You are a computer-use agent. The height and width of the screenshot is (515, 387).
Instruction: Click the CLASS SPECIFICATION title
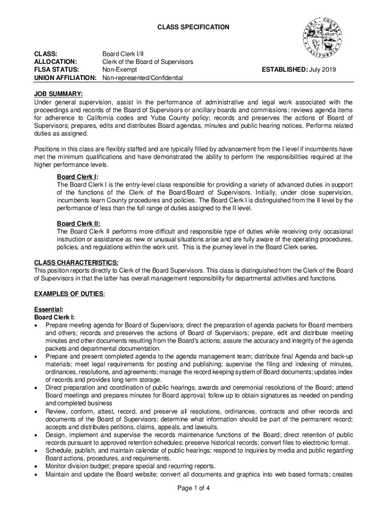193,27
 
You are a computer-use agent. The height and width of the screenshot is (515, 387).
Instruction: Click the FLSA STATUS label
54,69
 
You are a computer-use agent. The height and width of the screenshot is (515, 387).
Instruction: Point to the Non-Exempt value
121,69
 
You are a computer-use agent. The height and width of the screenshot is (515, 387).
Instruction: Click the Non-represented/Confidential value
143,78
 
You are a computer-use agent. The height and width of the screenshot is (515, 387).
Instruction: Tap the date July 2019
323,69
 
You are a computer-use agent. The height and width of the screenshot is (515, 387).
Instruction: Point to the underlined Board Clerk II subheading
78,223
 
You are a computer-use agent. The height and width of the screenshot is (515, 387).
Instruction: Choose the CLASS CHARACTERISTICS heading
76,263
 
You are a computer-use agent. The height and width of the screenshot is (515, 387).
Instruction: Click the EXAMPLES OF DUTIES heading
69,293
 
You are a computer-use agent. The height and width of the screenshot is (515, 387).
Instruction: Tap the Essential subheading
48,309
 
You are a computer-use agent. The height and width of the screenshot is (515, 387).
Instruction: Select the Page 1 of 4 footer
193,487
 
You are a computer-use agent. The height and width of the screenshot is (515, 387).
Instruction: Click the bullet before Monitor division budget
36,466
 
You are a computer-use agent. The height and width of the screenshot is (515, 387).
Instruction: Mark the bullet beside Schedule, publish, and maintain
36,451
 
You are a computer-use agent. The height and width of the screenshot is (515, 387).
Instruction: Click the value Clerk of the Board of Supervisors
148,61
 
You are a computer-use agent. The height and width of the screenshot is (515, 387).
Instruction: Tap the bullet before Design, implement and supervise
36,435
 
